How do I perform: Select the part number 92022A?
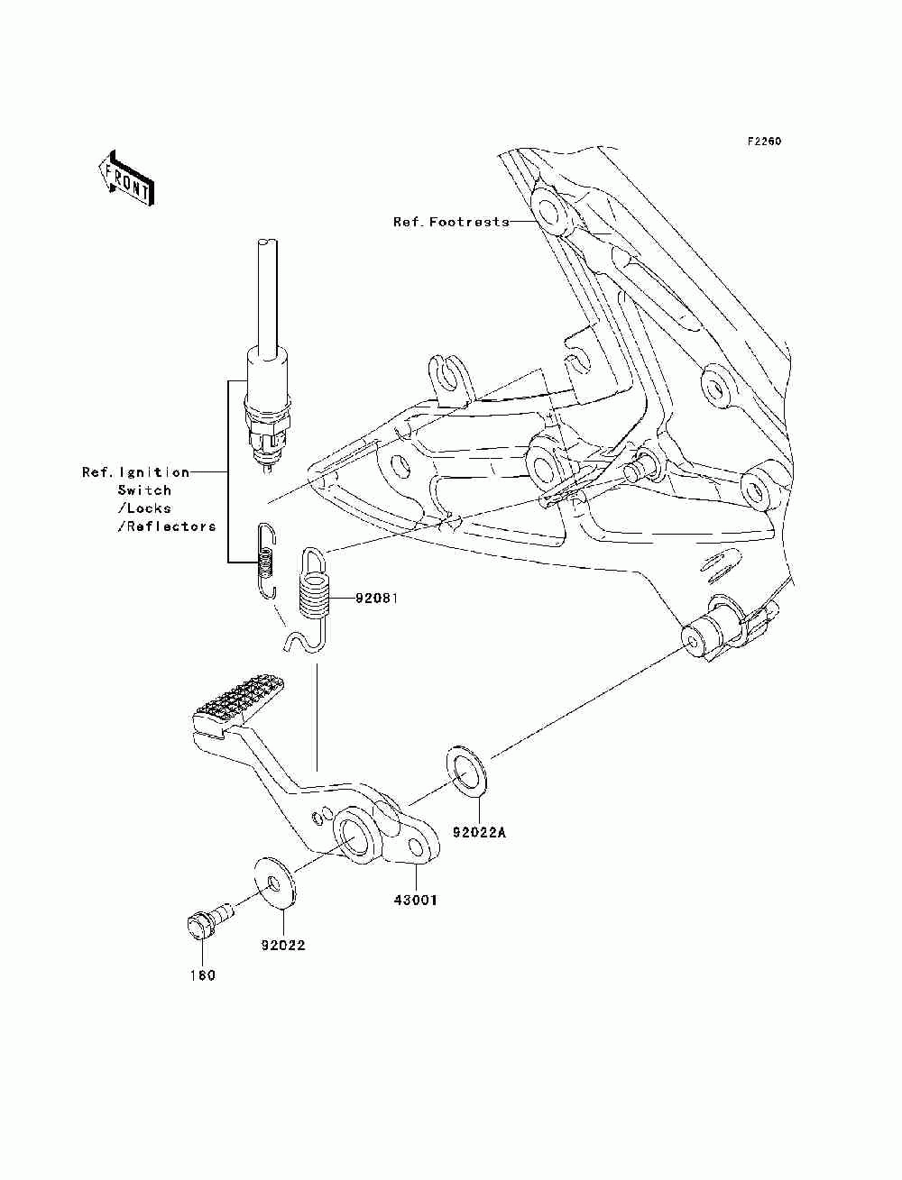[479, 833]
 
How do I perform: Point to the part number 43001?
[414, 899]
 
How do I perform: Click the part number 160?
[202, 975]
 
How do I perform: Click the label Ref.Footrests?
[451, 222]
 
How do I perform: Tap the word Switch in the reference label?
[144, 490]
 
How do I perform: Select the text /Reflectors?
[167, 526]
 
